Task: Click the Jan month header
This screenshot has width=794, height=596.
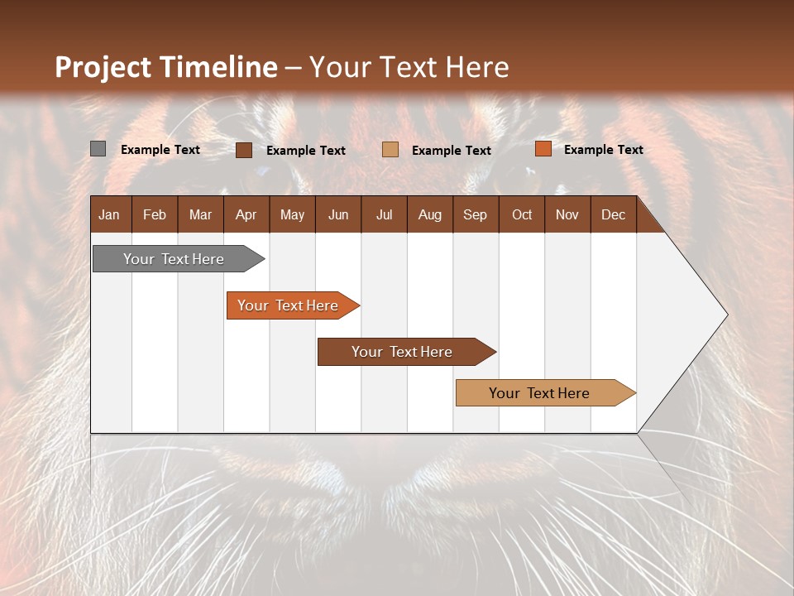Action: (x=109, y=214)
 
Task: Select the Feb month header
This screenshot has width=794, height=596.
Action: (x=155, y=214)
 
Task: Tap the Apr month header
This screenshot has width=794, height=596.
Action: (x=246, y=214)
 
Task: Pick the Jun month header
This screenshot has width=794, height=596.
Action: (x=338, y=214)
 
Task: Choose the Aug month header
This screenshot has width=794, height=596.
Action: (x=429, y=214)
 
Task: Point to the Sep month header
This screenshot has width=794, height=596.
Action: (x=475, y=214)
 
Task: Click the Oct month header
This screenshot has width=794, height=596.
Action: (x=522, y=214)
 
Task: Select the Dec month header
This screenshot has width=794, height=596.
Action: (x=613, y=214)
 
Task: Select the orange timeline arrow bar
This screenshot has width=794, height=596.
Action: (x=290, y=305)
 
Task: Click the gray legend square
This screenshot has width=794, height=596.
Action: (x=98, y=149)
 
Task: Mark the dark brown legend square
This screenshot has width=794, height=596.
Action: (x=244, y=150)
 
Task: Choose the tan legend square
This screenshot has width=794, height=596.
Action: (x=390, y=150)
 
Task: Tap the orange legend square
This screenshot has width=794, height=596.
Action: (x=543, y=149)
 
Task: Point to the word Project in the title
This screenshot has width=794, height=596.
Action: (x=103, y=67)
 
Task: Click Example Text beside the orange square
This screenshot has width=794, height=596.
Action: (x=603, y=150)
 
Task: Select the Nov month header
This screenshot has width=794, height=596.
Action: (x=567, y=214)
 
